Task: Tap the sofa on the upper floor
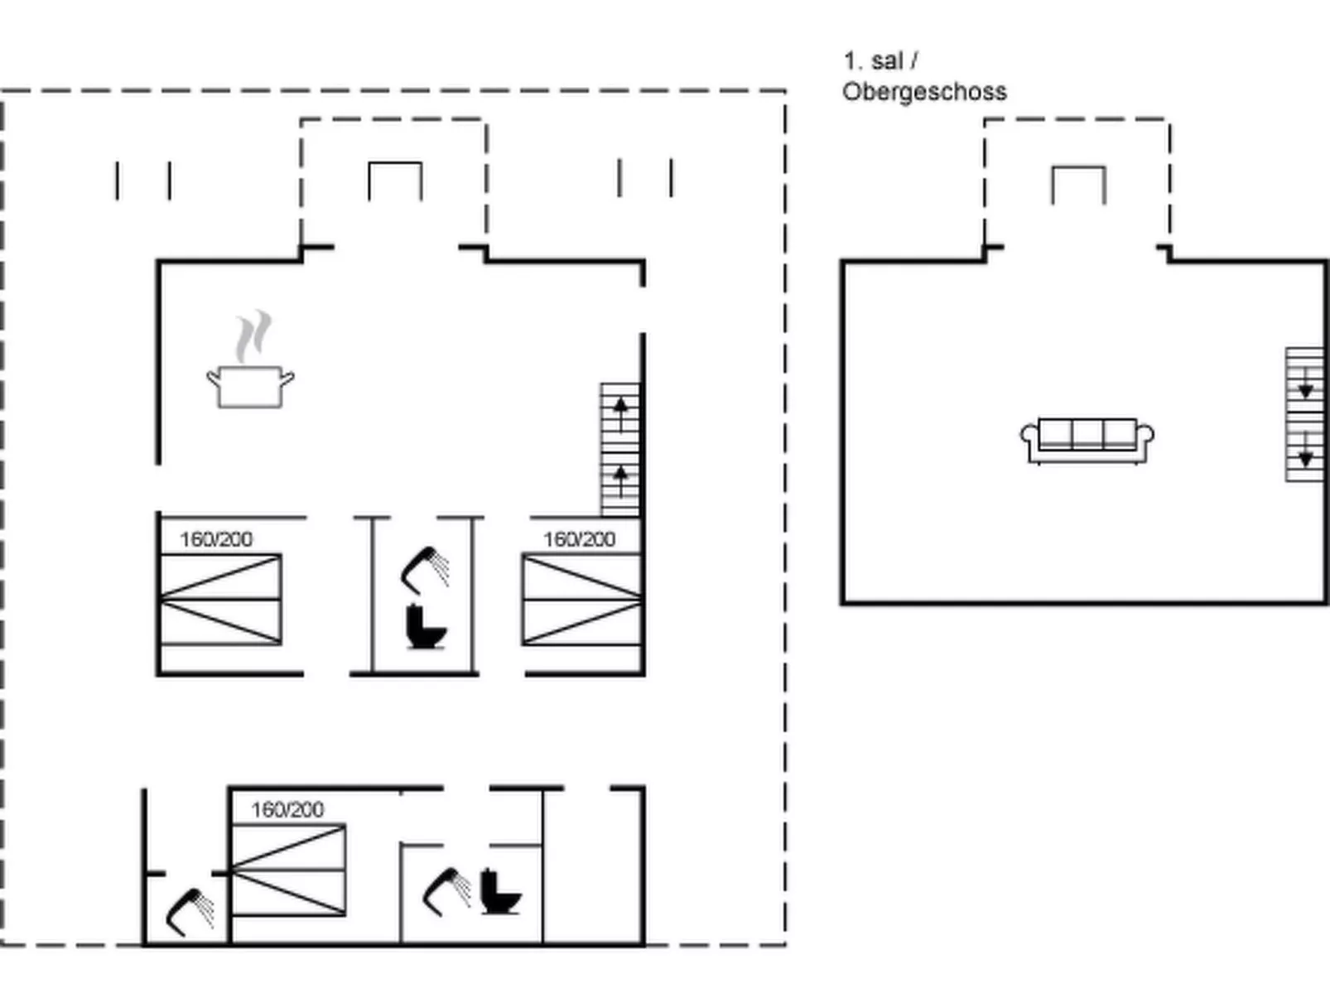(1087, 440)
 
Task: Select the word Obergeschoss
(924, 91)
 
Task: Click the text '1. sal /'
(880, 60)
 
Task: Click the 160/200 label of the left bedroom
(216, 539)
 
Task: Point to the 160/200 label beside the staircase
(579, 539)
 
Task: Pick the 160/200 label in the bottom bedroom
(287, 809)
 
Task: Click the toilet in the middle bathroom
(426, 627)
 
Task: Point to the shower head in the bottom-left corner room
(190, 911)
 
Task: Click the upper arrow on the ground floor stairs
(620, 407)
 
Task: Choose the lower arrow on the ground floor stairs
(620, 477)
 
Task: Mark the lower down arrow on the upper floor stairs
(1305, 456)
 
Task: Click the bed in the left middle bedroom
(220, 599)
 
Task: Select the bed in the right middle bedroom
(582, 599)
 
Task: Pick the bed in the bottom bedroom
(288, 870)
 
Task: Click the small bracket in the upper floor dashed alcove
(1077, 184)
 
